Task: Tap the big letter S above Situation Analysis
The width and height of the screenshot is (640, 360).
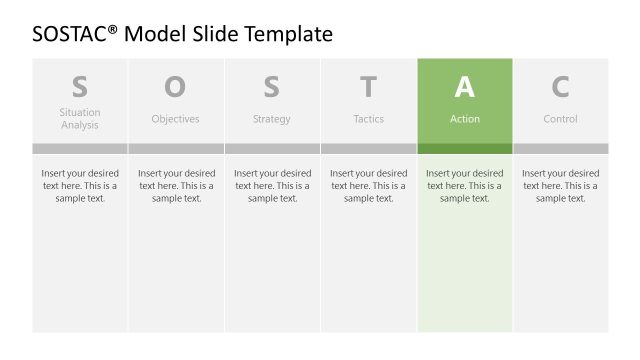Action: click(x=80, y=87)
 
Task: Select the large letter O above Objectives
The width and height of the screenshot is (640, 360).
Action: click(x=175, y=87)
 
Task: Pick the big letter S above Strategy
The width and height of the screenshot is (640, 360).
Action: click(x=271, y=87)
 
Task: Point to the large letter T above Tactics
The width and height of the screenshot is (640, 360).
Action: click(x=368, y=87)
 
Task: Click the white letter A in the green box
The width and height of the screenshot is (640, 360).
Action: click(x=464, y=87)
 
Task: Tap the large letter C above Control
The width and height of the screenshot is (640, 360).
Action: click(x=560, y=87)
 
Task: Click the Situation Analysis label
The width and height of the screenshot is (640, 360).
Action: click(x=80, y=119)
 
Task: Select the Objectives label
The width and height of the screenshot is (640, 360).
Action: click(x=175, y=119)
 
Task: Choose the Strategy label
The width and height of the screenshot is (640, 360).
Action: click(x=271, y=119)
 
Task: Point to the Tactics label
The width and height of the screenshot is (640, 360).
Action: click(x=368, y=119)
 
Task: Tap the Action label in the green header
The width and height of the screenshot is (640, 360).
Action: click(x=464, y=119)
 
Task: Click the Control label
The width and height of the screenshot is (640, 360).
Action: click(x=560, y=119)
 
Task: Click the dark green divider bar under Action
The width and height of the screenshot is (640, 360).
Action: click(x=464, y=148)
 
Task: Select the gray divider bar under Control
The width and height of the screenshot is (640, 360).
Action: click(x=560, y=148)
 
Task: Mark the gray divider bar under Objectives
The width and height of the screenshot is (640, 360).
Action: click(x=175, y=148)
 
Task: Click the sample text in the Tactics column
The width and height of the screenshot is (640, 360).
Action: click(x=368, y=185)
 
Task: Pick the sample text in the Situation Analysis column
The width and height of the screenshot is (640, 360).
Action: click(x=80, y=185)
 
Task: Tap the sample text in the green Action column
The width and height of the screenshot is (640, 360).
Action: click(x=464, y=185)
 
